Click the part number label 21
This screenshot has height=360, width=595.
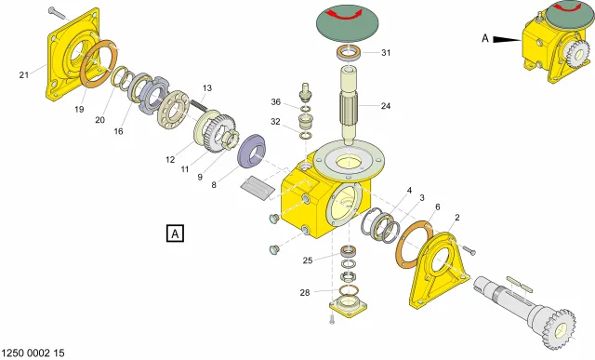click(24, 75)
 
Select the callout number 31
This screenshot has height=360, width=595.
click(386, 53)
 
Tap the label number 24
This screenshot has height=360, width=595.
click(386, 106)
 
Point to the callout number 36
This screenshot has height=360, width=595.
click(276, 102)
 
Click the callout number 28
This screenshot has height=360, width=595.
click(305, 293)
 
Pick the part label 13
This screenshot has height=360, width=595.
click(206, 88)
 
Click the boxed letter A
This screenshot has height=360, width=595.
click(175, 233)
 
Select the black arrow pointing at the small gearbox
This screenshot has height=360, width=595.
click(507, 39)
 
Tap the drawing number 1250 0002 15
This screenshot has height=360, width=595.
click(33, 353)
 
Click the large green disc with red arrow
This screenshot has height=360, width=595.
click(347, 22)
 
